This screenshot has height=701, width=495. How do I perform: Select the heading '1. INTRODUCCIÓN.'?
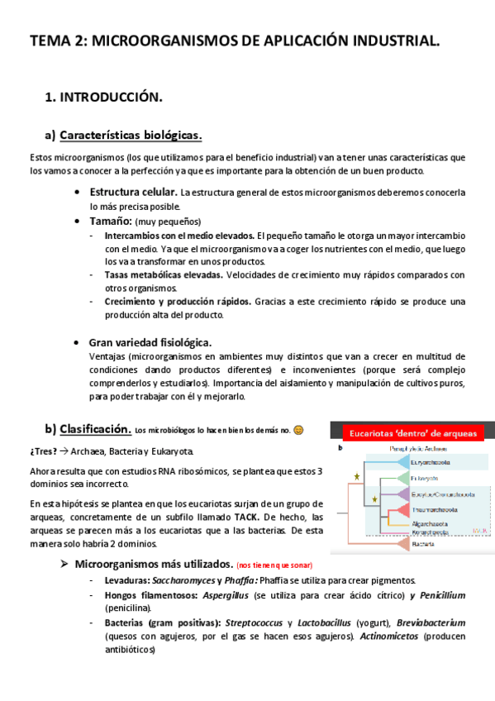pyautogui.click(x=103, y=98)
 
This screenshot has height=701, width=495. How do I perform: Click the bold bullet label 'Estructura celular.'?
pyautogui.click(x=133, y=193)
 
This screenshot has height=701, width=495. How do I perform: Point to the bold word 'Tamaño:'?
pyautogui.click(x=111, y=221)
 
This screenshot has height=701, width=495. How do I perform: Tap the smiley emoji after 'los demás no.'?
pyautogui.click(x=298, y=430)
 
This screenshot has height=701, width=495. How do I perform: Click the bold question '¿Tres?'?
pyautogui.click(x=43, y=451)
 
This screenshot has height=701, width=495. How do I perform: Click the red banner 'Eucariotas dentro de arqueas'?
pyautogui.click(x=412, y=432)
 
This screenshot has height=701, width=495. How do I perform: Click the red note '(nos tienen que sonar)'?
pyautogui.click(x=274, y=565)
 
